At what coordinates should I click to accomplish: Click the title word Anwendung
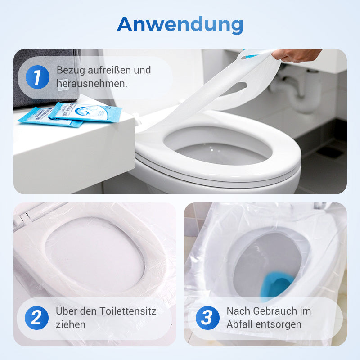180,25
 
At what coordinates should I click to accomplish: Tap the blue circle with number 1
37,77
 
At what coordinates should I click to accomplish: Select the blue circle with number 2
36,318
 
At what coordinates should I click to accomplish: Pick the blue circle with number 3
207,318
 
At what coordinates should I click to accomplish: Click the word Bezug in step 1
71,71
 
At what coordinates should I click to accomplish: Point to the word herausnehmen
92,84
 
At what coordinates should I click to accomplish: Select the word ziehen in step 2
71,324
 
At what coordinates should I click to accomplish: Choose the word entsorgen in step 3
279,325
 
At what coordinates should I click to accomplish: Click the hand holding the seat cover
296,55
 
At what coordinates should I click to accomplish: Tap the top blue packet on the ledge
85,112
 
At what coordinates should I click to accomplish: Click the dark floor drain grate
330,152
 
